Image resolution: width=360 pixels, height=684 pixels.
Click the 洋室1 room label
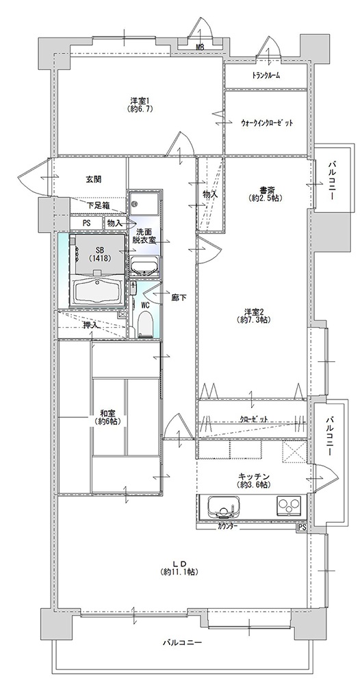click(x=140, y=99)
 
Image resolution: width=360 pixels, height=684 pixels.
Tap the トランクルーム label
click(x=266, y=75)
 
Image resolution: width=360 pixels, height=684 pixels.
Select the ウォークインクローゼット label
click(x=266, y=122)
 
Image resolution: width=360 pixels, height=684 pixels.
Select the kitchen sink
click(x=222, y=506)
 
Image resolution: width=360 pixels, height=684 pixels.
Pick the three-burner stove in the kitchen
click(x=289, y=505)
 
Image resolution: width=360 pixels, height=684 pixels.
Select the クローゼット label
click(x=253, y=419)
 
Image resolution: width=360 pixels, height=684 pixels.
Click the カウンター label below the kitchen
click(x=227, y=527)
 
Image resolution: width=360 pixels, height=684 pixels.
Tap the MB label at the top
click(x=200, y=47)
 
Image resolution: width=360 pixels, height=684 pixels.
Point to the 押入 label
click(x=91, y=325)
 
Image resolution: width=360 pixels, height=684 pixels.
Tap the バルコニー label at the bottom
click(x=183, y=642)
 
